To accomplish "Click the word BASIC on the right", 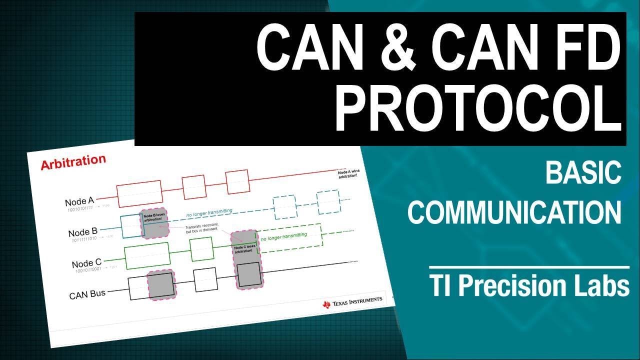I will coord(583,173).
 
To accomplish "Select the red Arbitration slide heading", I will coord(73,162).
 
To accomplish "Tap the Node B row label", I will coord(83,232).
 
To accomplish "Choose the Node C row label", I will coord(86,263).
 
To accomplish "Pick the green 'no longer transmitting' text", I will coord(283,238).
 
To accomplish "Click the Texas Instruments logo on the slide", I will coord(353,301).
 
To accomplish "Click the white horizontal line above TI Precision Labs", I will coord(529,268).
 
